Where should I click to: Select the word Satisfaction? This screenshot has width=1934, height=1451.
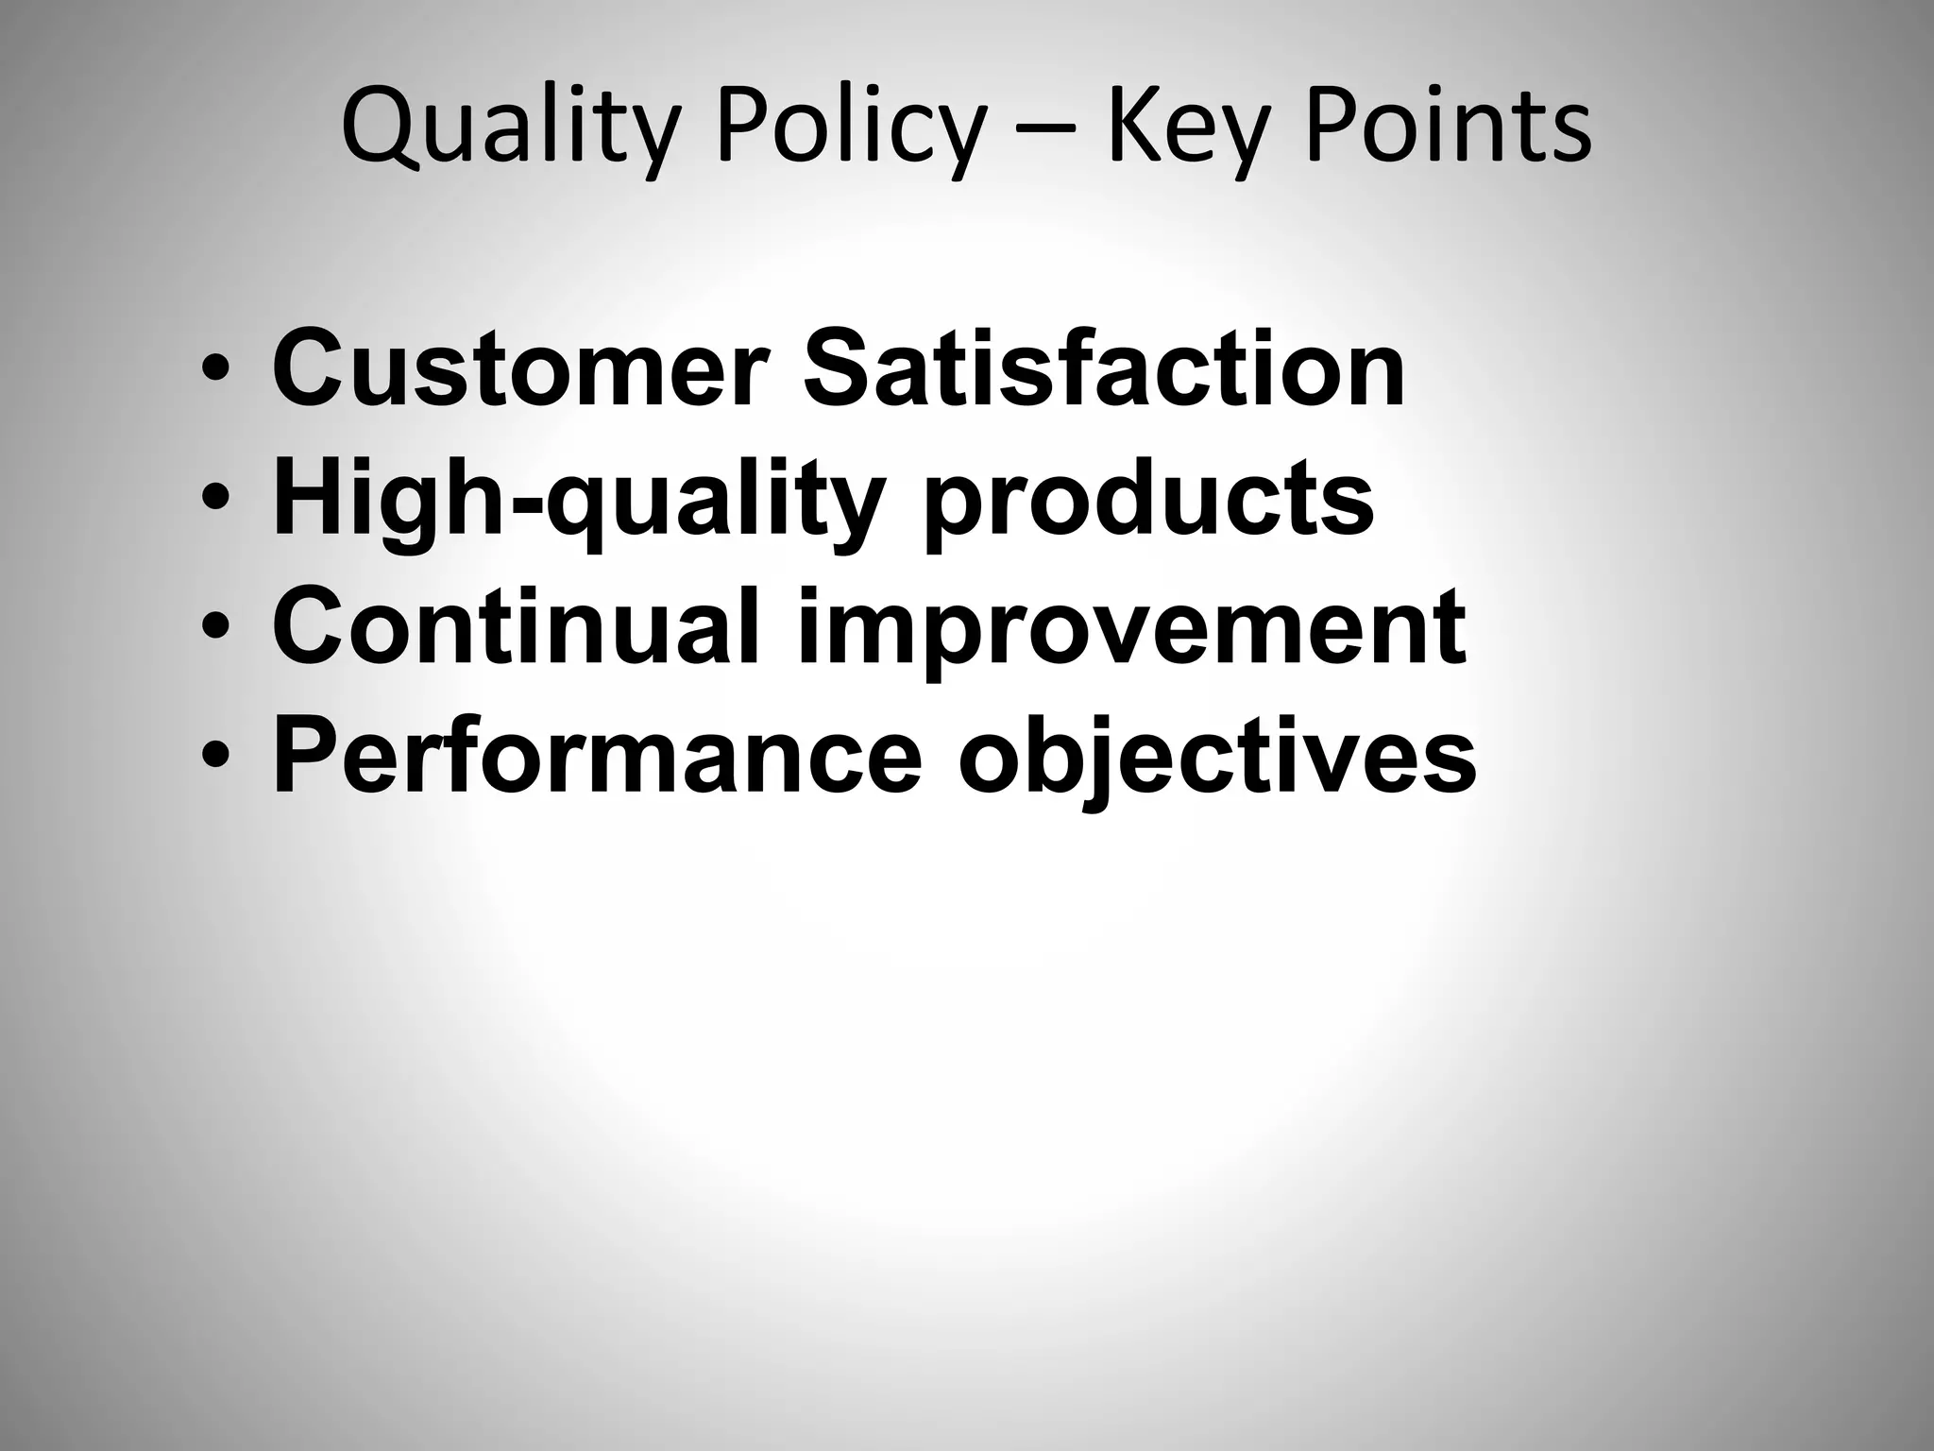(x=1103, y=368)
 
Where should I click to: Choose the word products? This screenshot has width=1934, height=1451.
(x=1147, y=501)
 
